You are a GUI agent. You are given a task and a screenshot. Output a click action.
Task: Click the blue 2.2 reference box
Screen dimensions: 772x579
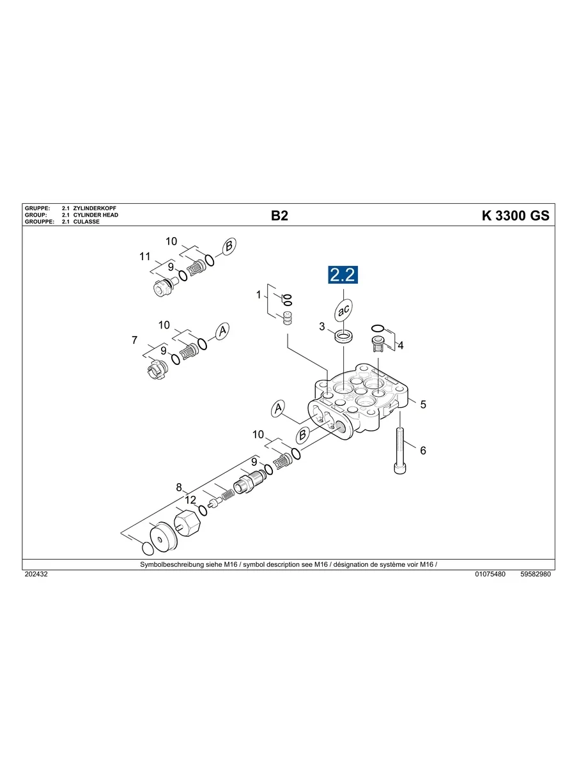343,275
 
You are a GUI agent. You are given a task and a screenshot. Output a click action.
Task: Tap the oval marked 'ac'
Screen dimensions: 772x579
343,311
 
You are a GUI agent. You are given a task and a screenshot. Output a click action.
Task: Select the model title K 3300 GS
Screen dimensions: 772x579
515,216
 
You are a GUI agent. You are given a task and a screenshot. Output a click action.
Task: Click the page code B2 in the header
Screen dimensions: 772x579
279,216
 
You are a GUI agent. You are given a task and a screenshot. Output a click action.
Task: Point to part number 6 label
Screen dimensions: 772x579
422,451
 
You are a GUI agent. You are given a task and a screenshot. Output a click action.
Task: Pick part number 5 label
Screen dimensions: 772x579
422,405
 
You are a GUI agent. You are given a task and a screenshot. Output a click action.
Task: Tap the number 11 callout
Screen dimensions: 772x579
145,257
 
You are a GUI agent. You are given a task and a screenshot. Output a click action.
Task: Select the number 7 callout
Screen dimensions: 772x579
134,341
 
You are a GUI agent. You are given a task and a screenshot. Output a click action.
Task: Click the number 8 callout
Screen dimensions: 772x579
180,487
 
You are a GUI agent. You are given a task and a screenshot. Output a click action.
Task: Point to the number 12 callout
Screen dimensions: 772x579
190,499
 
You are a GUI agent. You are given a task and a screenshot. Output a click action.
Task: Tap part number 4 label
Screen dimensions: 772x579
401,346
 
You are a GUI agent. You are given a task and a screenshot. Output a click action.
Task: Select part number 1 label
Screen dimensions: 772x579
259,295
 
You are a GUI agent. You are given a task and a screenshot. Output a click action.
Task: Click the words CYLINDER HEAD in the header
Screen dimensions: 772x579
96,215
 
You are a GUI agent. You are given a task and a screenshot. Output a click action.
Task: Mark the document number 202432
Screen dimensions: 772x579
36,574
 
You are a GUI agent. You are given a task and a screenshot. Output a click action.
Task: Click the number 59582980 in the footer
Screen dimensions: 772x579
536,574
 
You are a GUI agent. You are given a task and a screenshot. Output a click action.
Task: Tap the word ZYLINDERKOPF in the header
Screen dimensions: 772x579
95,209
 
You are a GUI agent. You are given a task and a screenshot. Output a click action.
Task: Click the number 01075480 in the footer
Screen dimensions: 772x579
490,574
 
